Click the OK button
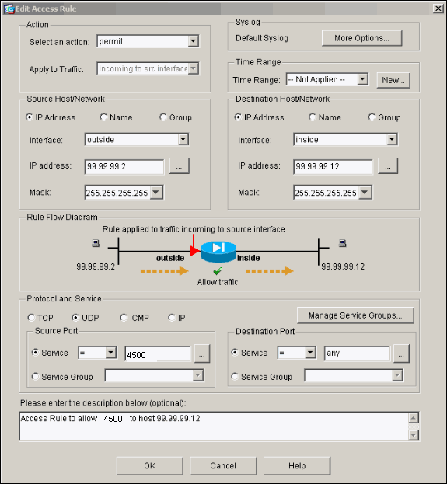[149, 465]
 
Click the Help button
[296, 465]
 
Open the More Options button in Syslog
[361, 37]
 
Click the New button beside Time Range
[393, 79]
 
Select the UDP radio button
[75, 318]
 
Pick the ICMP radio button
[124, 318]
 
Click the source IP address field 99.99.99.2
[124, 166]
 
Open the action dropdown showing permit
[148, 41]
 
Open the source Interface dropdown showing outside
[137, 140]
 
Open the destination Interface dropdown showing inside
[346, 140]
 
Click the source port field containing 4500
[157, 353]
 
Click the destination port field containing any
[357, 353]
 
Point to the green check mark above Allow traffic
[218, 271]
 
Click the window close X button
[438, 8]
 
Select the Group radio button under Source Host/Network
[163, 117]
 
